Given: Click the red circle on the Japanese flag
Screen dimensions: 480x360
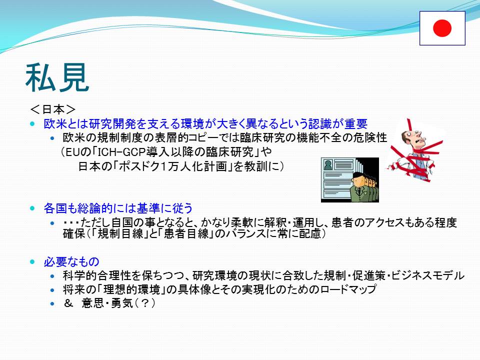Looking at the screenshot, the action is pyautogui.click(x=442, y=28).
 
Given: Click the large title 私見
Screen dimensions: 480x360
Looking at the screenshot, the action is pyautogui.click(x=57, y=78).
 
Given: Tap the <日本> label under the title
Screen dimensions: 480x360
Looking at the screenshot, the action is pyautogui.click(x=53, y=109).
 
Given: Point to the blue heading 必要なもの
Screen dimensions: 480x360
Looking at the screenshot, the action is pyautogui.click(x=71, y=261).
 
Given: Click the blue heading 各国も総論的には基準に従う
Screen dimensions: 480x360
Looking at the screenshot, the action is pyautogui.click(x=118, y=208).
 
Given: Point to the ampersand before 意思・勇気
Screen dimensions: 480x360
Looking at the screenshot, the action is pyautogui.click(x=68, y=303).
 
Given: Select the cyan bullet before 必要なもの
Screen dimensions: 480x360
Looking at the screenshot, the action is pyautogui.click(x=33, y=261).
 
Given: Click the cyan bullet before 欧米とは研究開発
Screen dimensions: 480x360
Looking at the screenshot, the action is pyautogui.click(x=33, y=123).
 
